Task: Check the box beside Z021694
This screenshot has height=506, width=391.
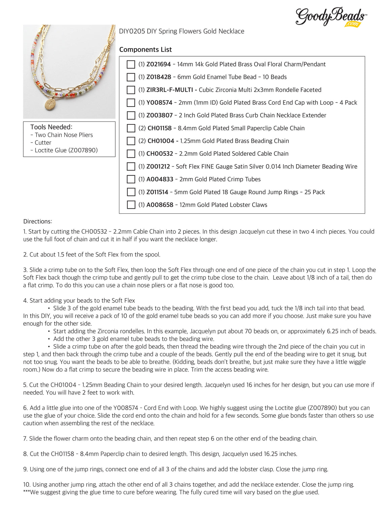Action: pyautogui.click(x=131, y=64)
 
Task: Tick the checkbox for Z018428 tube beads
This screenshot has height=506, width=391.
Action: pyautogui.click(x=131, y=77)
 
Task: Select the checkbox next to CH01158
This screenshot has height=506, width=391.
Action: pyautogui.click(x=131, y=128)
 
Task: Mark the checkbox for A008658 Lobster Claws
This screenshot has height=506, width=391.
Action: pyautogui.click(x=131, y=205)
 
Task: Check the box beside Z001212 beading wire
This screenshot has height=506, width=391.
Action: pyautogui.click(x=131, y=167)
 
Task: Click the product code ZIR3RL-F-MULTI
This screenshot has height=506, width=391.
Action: pyautogui.click(x=169, y=90)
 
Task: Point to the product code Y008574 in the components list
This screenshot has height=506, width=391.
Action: pyautogui.click(x=159, y=102)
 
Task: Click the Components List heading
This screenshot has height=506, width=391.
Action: pyautogui.click(x=145, y=50)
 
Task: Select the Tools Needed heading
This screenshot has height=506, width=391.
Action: pyautogui.click(x=51, y=127)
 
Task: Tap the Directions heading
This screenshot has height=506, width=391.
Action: pyautogui.click(x=37, y=221)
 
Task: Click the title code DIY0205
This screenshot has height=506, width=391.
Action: pyautogui.click(x=132, y=31)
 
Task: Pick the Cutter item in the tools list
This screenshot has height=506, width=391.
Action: pyautogui.click(x=43, y=143)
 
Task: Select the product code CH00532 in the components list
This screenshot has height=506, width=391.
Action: pyautogui.click(x=159, y=154)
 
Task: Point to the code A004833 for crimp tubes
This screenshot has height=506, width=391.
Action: pyautogui.click(x=160, y=179)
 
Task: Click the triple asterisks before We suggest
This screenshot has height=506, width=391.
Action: pyautogui.click(x=26, y=492)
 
